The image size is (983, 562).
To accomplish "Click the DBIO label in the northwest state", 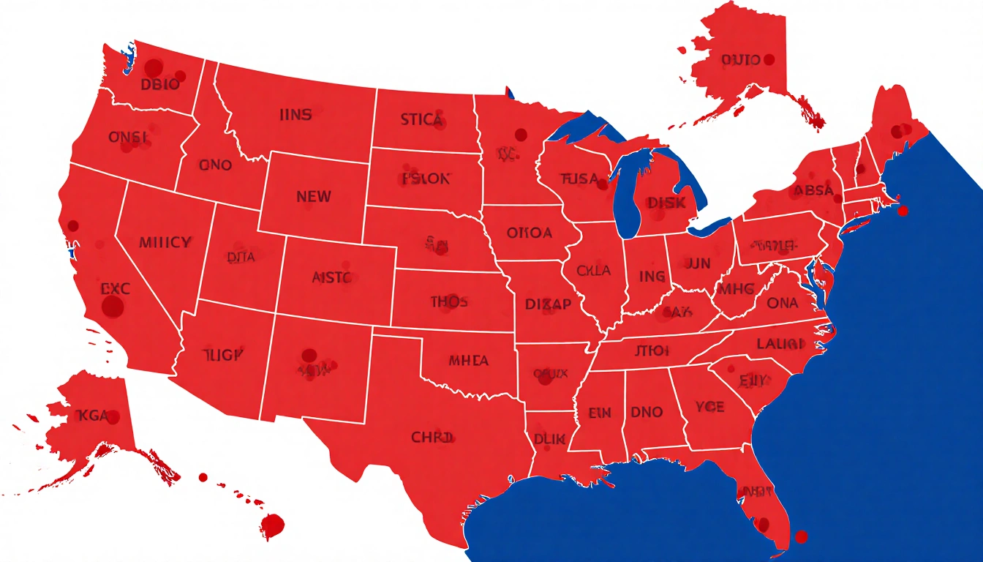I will coord(159,84).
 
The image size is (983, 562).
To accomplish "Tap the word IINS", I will coord(295,115).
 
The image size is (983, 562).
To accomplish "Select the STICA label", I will coord(421,119).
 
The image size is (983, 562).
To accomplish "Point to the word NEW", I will coord(313,197).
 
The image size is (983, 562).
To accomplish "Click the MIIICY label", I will coord(165,242).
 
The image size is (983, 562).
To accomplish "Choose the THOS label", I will coord(449,301).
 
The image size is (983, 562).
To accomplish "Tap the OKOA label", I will coord(530,233).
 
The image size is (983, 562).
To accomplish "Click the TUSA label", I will coord(579,179).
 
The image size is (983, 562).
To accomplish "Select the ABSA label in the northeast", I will coord(813,191).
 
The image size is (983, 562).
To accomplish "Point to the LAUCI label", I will coord(781,343).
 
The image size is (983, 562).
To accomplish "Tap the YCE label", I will coord(709,407).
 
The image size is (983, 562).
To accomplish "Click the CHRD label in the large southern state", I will coord(432,438).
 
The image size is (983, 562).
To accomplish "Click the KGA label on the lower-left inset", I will coord(91,416).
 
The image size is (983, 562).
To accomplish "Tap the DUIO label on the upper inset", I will coord(740,60).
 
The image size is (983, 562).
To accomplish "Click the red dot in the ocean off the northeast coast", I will coord(903,211).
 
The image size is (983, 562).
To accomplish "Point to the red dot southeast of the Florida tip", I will coord(801,537).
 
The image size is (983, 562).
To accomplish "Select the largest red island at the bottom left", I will coord(272,525).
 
